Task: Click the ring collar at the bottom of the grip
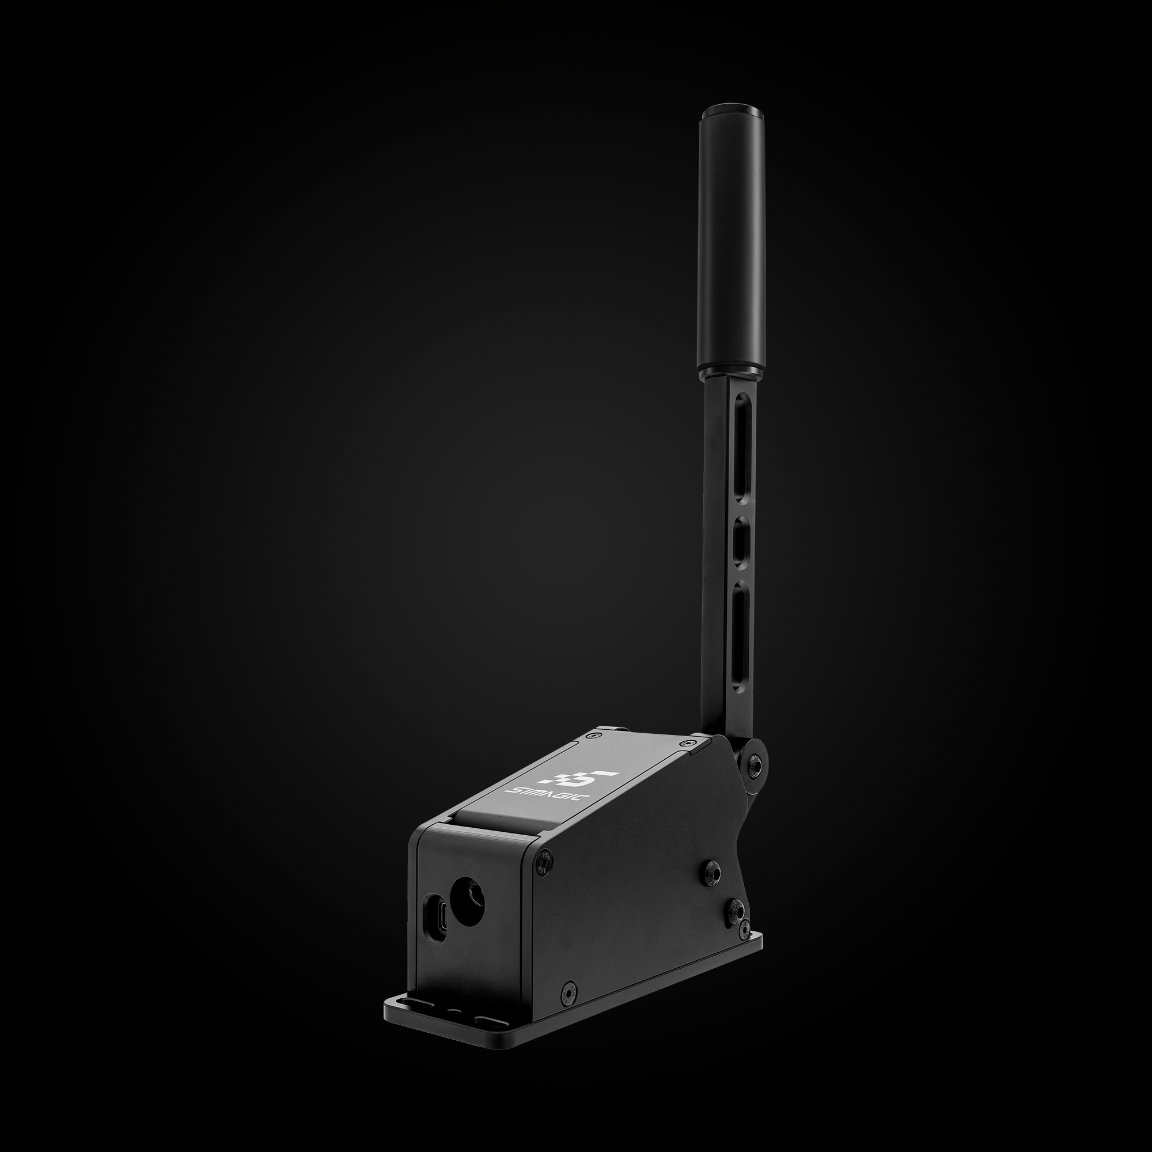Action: click(731, 374)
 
